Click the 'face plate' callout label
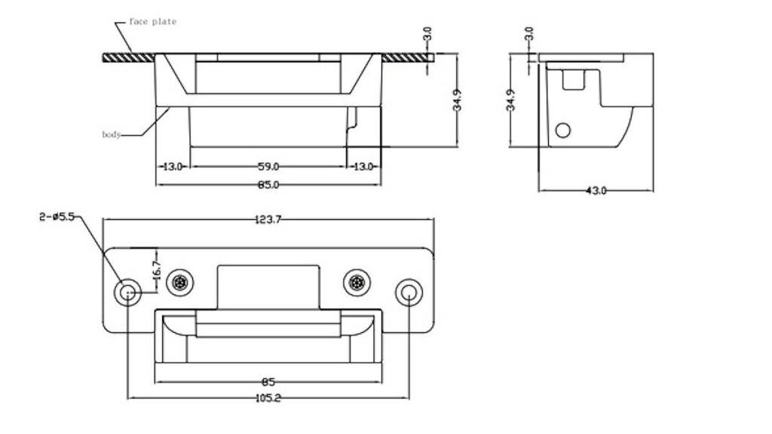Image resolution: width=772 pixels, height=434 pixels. pos(152,22)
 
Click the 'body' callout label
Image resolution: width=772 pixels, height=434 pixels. pos(111,135)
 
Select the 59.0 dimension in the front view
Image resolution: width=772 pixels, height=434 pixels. pos(268,166)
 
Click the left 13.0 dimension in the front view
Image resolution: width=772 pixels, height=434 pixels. pos(173,166)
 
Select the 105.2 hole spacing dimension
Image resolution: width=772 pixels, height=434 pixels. pos(268,398)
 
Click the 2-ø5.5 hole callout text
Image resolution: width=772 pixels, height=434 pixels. pos(56,217)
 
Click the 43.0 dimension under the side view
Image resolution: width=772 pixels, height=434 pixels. pos(596,191)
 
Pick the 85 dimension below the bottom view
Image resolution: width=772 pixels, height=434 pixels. pos(268,382)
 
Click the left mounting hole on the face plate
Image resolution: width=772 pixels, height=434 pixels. pos(127,292)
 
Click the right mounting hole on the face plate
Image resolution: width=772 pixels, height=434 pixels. pos(408,292)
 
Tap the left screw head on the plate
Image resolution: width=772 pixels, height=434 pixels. pos(181,283)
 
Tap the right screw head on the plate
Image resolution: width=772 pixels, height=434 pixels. pos(357,283)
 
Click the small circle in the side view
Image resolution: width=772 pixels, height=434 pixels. pos(562,130)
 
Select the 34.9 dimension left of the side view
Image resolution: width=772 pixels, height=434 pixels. pos(511,100)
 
